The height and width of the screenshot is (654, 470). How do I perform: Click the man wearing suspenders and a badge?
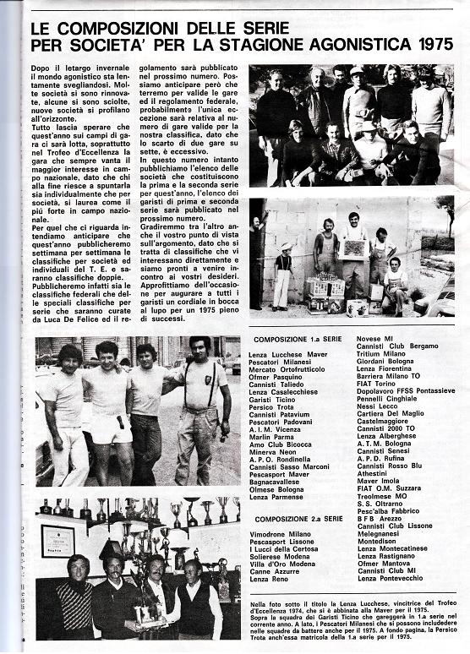(x=202, y=407)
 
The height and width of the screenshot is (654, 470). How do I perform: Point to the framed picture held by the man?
(x=352, y=248)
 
